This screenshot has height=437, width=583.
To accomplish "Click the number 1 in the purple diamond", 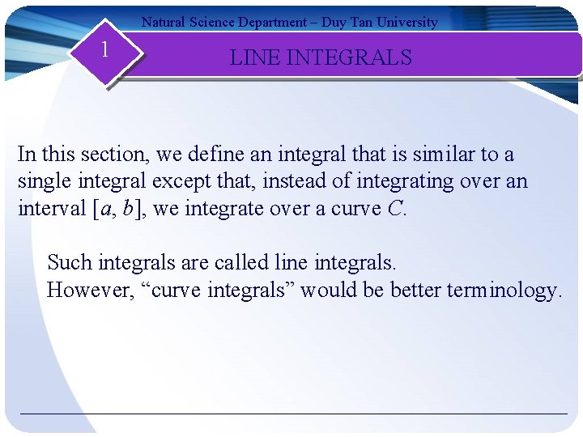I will (104, 50).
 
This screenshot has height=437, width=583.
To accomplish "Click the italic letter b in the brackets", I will (129, 209).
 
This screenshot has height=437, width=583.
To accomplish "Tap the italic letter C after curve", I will (395, 209).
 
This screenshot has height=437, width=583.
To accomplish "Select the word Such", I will (69, 262).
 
